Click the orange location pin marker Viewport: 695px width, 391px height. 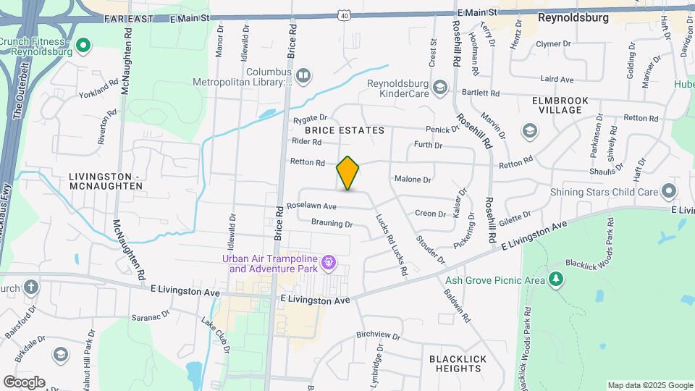(348, 173)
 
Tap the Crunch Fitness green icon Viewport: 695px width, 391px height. (83, 48)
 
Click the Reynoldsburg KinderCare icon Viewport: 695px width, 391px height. (439, 88)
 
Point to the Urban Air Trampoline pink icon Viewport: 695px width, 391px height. (329, 261)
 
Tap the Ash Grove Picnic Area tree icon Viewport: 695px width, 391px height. (555, 279)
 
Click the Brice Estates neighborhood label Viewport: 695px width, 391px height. (344, 130)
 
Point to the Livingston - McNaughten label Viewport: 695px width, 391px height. (105, 181)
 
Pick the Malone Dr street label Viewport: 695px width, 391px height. (413, 179)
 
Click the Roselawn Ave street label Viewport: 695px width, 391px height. (311, 206)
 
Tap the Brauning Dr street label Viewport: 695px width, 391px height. (332, 224)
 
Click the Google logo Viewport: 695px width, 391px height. (24, 382)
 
